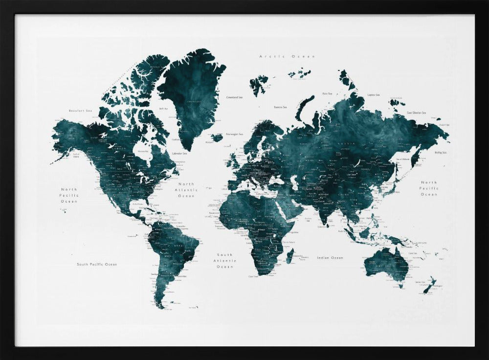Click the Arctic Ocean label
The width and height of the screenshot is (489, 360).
pos(287,57)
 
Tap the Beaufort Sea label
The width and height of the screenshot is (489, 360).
pos(81,111)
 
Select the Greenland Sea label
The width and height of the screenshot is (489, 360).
pos(234,97)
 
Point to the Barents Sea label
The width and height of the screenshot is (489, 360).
pos(280,107)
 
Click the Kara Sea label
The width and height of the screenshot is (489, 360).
pos(327,93)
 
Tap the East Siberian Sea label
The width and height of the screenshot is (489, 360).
pos(416,113)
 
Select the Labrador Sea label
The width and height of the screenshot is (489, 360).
pos(179,154)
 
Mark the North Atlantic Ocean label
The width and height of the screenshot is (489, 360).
pos(186,190)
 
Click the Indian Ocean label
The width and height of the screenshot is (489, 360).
pos(330,258)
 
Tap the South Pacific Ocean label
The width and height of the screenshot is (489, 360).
pos(97,265)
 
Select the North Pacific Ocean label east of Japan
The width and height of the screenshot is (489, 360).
pos(429,188)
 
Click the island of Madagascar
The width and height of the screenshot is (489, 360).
pos(289,255)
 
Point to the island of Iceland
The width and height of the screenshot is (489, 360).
pos(217,137)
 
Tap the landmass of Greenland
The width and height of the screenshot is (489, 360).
pos(192,93)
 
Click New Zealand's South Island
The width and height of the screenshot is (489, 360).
pos(426,289)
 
